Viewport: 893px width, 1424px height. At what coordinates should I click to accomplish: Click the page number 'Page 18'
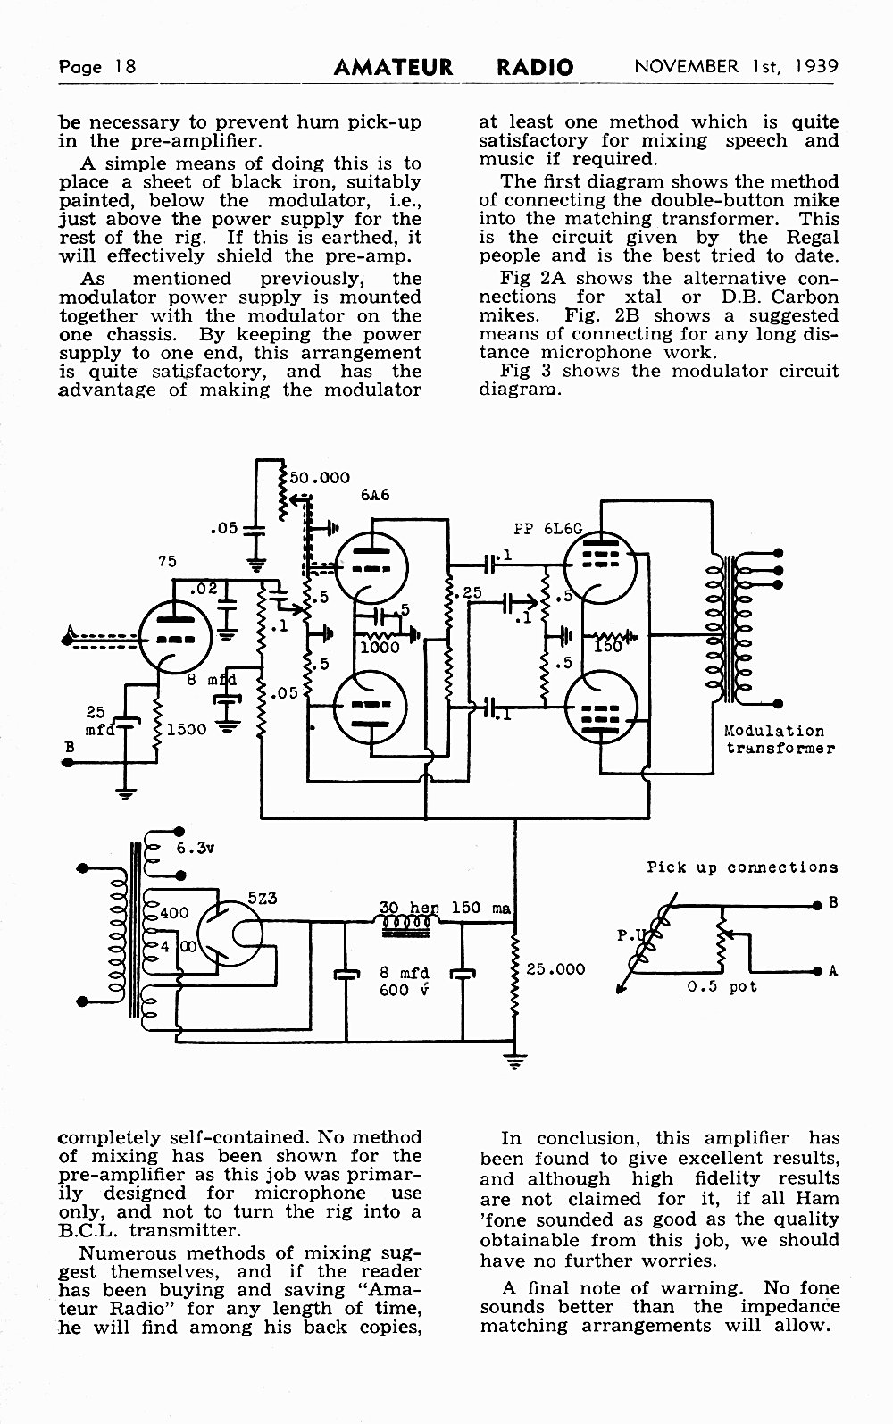click(97, 67)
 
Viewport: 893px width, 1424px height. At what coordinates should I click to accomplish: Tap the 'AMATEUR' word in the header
click(394, 67)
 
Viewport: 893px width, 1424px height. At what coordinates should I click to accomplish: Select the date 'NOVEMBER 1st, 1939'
click(737, 66)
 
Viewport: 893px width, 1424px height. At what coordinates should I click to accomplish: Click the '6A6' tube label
click(375, 495)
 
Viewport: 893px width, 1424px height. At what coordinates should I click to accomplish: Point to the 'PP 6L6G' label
click(548, 529)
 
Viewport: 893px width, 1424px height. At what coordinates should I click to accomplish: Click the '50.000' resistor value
click(320, 477)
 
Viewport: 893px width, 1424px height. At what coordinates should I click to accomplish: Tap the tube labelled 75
click(175, 636)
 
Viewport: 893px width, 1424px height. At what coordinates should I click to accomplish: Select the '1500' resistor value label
click(187, 729)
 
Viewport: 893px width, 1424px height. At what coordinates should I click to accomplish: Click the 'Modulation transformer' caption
click(780, 740)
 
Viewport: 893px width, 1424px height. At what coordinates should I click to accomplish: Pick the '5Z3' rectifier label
click(262, 899)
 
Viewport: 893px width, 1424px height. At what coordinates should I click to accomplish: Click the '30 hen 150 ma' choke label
click(445, 908)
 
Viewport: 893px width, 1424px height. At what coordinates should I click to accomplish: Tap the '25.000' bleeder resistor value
click(555, 968)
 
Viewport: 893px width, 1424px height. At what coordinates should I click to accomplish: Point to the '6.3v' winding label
click(196, 848)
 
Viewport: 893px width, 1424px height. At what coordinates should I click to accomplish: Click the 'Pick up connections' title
click(742, 867)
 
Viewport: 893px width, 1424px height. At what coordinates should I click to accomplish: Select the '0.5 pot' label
click(722, 986)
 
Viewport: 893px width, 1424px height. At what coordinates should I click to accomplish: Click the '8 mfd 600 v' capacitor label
click(405, 981)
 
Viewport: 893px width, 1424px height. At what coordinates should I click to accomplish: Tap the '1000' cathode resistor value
click(380, 647)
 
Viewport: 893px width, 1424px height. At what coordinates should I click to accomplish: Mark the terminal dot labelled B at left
click(66, 762)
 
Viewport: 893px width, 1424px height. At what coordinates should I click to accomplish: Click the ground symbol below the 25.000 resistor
click(515, 1061)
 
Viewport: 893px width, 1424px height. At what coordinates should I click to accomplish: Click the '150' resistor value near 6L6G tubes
click(608, 647)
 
